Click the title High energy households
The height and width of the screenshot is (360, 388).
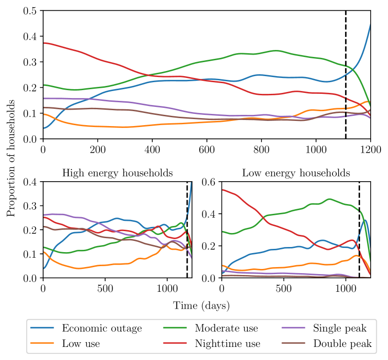[118, 173]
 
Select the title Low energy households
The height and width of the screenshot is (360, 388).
[296, 173]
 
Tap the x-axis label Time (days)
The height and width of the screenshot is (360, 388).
[202, 305]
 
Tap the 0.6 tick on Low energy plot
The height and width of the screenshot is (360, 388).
[209, 182]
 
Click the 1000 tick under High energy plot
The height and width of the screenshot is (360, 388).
[166, 288]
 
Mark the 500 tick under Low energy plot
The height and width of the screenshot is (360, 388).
[283, 288]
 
